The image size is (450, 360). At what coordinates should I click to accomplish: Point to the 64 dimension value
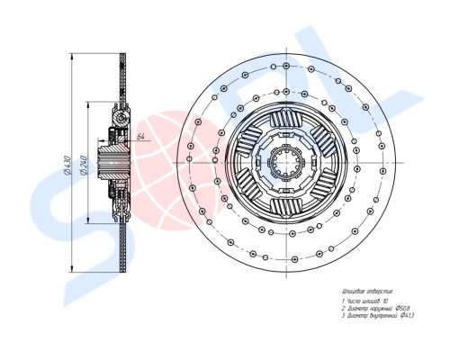click(141, 136)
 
